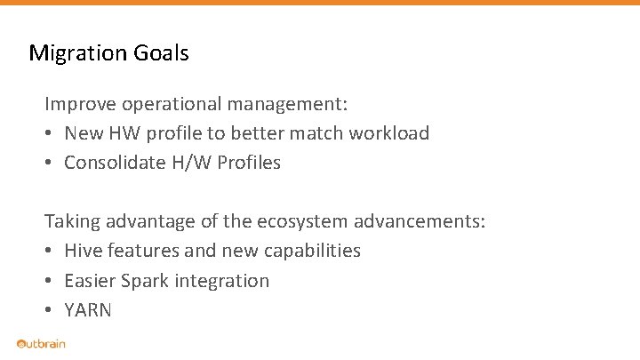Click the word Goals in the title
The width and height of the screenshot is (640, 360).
[162, 53]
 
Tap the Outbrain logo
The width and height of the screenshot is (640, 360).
[41, 344]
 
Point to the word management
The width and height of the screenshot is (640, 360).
[287, 104]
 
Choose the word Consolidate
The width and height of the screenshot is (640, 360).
[116, 163]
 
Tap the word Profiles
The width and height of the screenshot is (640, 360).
[250, 163]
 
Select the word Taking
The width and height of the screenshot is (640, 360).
[73, 221]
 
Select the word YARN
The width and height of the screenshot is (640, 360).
[88, 310]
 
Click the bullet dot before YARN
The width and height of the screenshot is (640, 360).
[50, 310]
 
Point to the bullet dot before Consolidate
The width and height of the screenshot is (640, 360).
[50, 163]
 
